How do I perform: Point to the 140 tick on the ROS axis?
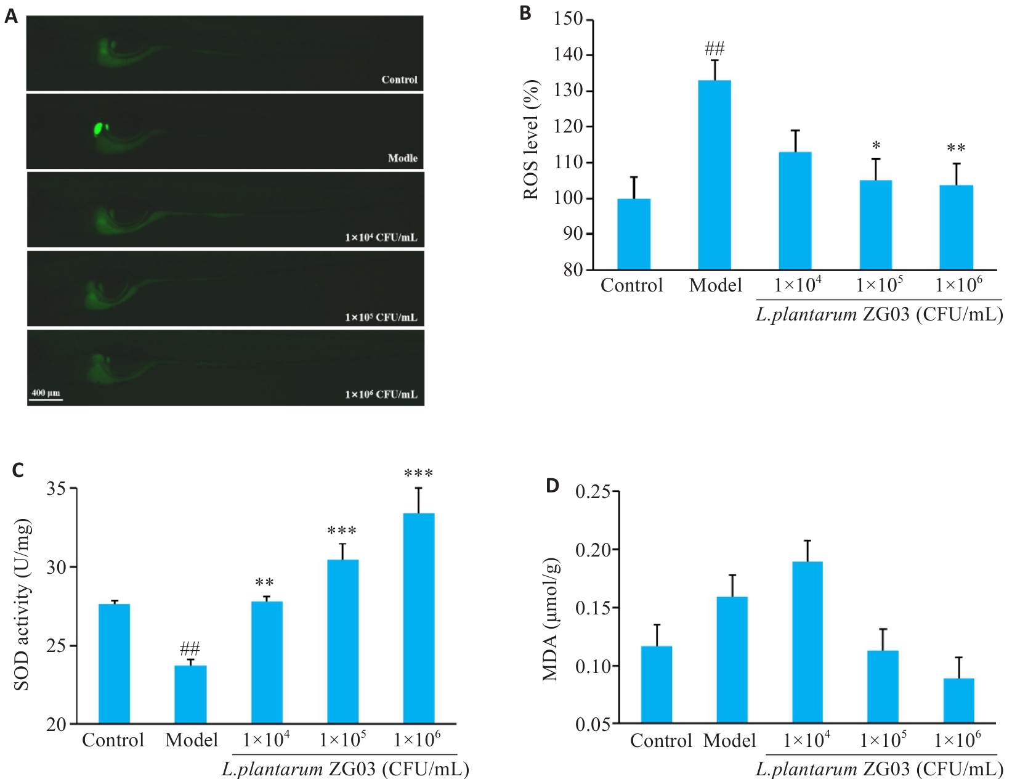pyautogui.click(x=567, y=55)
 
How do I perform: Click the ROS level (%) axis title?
pyautogui.click(x=531, y=141)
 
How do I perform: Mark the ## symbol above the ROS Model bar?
pyautogui.click(x=714, y=48)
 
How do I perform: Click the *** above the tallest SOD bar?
pyautogui.click(x=418, y=473)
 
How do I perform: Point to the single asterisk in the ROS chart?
pyautogui.click(x=876, y=146)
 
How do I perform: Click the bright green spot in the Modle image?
pyautogui.click(x=97, y=129)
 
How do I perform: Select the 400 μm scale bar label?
pyautogui.click(x=46, y=393)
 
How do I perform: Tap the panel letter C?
pyautogui.click(x=18, y=470)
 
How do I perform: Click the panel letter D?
pyautogui.click(x=552, y=486)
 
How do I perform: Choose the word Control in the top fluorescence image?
pyautogui.click(x=399, y=80)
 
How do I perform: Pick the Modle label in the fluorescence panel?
pyautogui.click(x=402, y=158)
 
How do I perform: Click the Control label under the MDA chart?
pyautogui.click(x=660, y=740)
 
